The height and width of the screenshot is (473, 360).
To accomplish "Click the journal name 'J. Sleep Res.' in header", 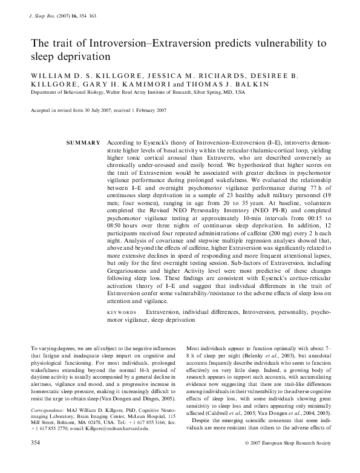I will pyautogui.click(x=42, y=20).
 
